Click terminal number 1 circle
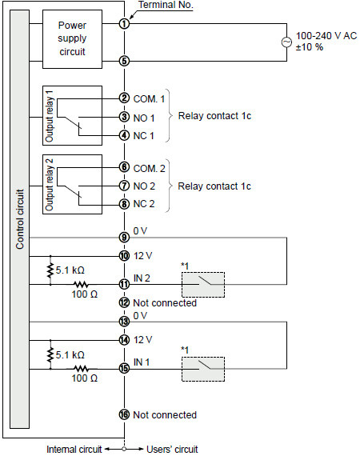[x=124, y=23]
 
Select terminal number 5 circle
[x=124, y=61]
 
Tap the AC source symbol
[x=286, y=42]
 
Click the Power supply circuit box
[x=73, y=39]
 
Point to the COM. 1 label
[x=149, y=99]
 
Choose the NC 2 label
[x=144, y=204]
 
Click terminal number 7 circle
[x=124, y=186]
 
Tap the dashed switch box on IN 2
[x=203, y=285]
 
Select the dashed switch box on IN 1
[x=203, y=369]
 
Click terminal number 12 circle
[x=124, y=302]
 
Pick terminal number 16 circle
[x=124, y=414]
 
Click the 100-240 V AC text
[x=326, y=36]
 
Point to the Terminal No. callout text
[x=166, y=5]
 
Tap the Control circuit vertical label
[x=20, y=219]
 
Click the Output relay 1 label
[x=49, y=116]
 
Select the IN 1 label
[x=142, y=362]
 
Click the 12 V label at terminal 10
[x=142, y=256]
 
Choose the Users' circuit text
[x=172, y=449]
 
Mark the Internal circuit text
[x=74, y=449]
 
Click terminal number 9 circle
[x=124, y=238]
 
